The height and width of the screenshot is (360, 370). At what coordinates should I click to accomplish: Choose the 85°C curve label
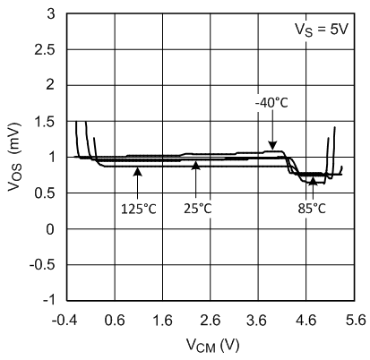(313, 208)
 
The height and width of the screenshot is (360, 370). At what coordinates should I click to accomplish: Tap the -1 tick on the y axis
(50, 300)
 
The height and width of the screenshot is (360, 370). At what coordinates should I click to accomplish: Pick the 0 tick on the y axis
(54, 229)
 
